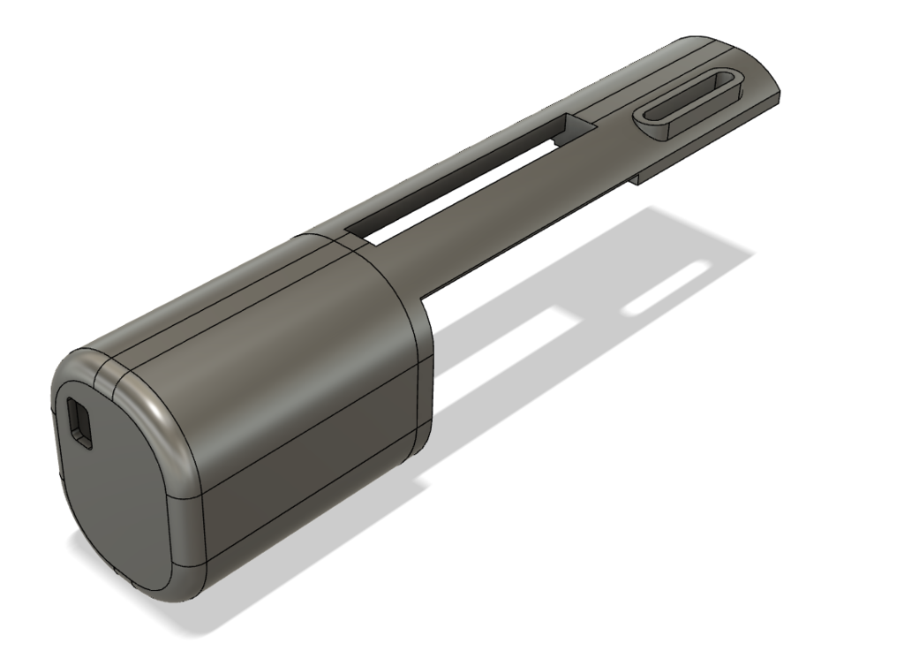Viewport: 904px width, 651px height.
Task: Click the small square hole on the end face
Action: (x=79, y=421)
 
